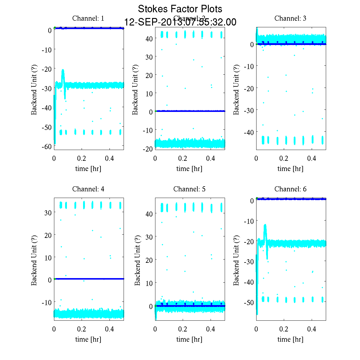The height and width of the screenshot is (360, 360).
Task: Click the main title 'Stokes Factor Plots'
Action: [180, 9]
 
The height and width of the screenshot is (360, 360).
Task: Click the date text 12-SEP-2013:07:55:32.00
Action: [180, 22]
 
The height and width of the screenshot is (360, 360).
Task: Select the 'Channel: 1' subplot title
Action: [88, 18]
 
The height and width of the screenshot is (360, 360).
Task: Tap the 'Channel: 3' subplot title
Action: [290, 18]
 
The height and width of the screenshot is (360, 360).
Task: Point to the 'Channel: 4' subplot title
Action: [88, 189]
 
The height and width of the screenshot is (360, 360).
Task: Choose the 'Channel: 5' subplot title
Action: [189, 189]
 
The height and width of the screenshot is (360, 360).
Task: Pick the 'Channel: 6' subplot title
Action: [290, 189]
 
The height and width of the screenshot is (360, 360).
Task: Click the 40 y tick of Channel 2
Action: [149, 38]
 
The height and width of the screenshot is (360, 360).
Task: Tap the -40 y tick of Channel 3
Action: [250, 132]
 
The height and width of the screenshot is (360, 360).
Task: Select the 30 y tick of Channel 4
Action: [48, 212]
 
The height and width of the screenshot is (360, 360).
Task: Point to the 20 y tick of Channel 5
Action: [149, 260]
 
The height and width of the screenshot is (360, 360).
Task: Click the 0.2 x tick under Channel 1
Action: [82, 158]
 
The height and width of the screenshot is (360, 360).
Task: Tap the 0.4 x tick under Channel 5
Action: [211, 329]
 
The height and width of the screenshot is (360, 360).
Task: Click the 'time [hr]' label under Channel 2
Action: [189, 169]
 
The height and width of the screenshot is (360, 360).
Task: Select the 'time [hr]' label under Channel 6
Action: [290, 339]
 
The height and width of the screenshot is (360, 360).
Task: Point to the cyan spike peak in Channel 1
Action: [63, 70]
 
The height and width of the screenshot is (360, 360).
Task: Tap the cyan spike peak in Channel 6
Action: [265, 225]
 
